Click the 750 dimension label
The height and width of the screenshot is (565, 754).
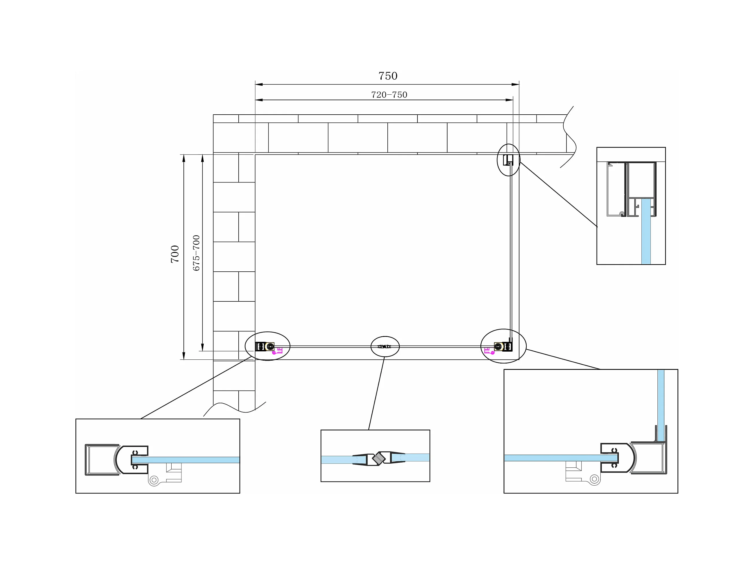click(388, 76)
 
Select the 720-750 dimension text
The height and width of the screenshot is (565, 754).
click(389, 95)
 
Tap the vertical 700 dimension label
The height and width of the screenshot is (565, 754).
click(174, 254)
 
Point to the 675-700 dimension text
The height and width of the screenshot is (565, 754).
click(196, 253)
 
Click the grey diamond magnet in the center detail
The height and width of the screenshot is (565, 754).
click(378, 458)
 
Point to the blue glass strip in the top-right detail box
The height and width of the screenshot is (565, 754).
click(646, 232)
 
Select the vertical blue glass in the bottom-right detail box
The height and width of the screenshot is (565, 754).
click(661, 405)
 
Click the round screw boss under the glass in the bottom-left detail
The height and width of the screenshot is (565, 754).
click(154, 480)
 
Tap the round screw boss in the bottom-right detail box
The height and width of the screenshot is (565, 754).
click(595, 479)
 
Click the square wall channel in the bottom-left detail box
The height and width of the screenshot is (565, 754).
click(102, 459)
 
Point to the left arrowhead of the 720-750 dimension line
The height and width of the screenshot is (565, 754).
click(258, 100)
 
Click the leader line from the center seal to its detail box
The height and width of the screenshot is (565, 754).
click(377, 393)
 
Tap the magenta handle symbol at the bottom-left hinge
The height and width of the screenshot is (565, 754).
click(277, 351)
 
